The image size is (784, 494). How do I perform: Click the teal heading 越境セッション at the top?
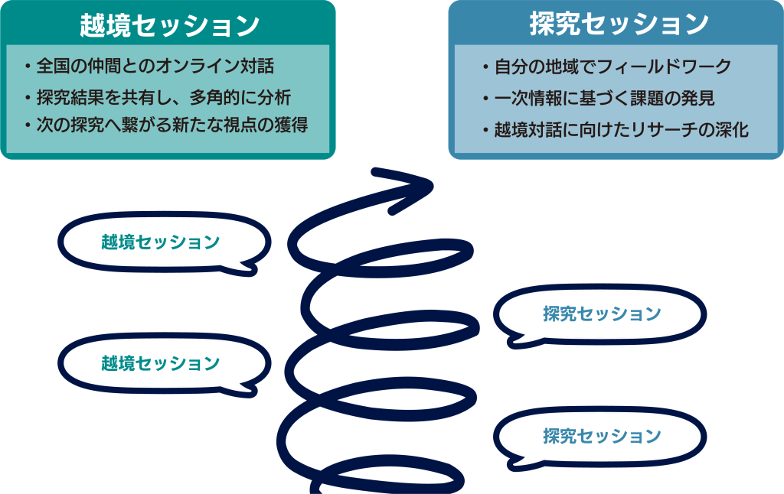click(x=169, y=25)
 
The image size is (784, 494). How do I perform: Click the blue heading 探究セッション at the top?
click(x=619, y=24)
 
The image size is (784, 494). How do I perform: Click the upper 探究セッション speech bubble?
click(x=602, y=314)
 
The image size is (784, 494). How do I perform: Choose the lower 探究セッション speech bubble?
click(x=602, y=436)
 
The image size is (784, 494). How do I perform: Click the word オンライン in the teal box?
click(x=206, y=67)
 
